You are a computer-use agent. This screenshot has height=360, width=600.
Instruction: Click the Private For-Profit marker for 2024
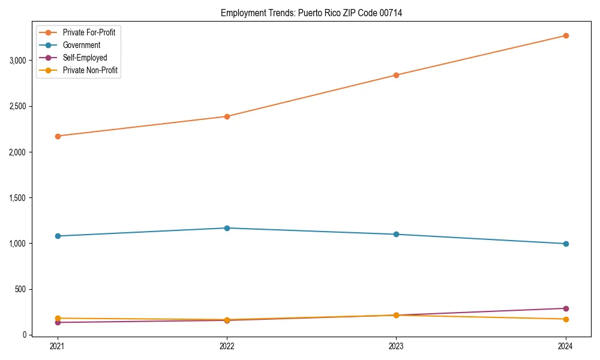coord(566,35)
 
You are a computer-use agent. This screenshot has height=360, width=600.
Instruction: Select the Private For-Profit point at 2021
coord(58,136)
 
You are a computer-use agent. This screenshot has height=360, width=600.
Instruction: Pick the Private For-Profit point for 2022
coord(227,116)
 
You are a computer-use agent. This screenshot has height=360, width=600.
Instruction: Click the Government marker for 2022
coord(227,228)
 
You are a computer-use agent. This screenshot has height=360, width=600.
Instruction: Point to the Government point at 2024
coord(566,244)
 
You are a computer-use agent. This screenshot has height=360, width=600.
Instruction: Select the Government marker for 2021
coord(58,236)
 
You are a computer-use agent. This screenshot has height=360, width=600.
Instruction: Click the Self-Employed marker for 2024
coord(566,308)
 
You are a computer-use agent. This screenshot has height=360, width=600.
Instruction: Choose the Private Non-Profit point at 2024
coord(566,319)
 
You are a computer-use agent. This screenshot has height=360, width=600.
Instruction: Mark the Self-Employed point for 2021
coord(58,322)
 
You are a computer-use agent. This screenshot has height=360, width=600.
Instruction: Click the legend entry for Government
coord(82,45)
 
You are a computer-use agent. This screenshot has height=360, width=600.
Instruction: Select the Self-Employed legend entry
coord(85,58)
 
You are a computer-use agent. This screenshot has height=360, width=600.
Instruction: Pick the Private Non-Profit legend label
coord(90,70)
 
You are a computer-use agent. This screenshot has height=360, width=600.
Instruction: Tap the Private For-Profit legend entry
coord(89,32)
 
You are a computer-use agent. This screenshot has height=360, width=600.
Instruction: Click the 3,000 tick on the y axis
coord(17,61)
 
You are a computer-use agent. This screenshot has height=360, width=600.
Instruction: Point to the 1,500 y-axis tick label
coord(17,198)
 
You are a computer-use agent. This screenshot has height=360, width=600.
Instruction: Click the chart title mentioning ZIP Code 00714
coord(311,13)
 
